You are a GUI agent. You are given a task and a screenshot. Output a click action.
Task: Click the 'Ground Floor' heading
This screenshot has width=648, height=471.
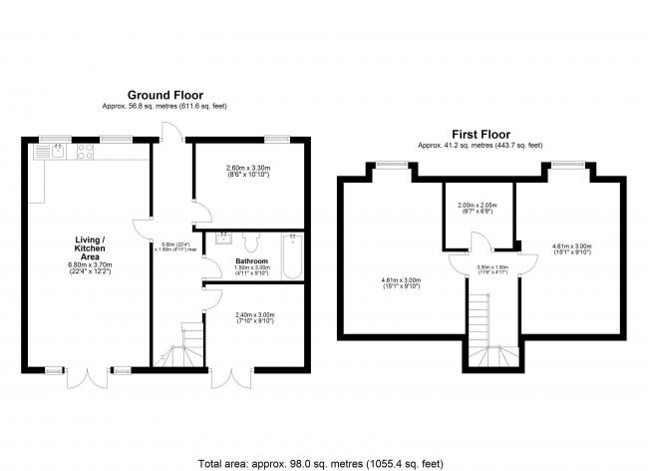coord(165,96)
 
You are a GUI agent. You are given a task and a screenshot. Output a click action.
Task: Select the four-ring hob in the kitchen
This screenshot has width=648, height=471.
coord(85,152)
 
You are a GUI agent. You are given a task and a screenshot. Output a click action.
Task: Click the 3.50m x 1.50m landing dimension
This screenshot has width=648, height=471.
coord(493,268)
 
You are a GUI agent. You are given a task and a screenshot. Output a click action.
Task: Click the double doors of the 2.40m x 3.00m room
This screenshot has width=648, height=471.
coord(228,382)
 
